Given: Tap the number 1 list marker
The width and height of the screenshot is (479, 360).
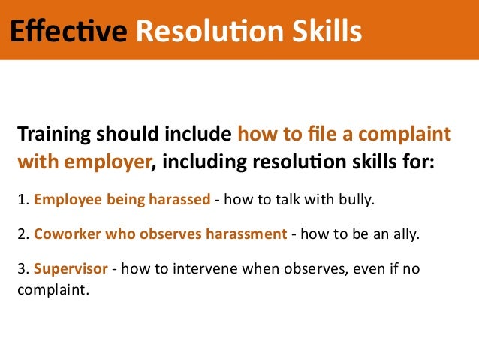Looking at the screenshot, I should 20,201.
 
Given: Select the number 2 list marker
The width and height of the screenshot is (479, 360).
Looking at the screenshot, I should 20,234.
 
